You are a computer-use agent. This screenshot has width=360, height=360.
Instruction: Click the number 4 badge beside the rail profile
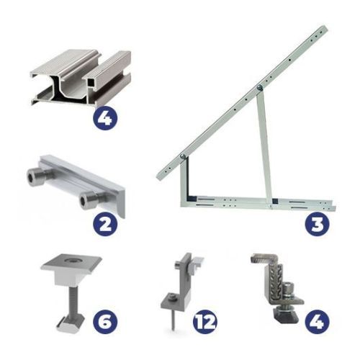(x=105, y=118)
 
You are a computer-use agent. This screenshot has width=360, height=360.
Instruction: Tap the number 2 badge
(x=105, y=224)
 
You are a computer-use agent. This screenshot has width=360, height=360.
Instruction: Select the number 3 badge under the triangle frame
(x=317, y=224)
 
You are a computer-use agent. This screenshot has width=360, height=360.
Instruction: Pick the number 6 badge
(x=105, y=322)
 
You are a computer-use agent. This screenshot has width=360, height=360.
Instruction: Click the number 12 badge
(x=205, y=322)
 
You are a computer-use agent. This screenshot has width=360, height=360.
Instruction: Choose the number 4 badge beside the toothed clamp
(x=317, y=322)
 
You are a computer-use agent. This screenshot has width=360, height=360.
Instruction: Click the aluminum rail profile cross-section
(x=81, y=77)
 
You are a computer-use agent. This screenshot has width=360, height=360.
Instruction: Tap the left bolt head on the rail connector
(x=35, y=177)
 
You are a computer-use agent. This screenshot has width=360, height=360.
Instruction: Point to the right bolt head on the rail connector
(x=87, y=201)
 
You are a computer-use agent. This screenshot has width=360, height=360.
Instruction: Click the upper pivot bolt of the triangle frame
(x=260, y=87)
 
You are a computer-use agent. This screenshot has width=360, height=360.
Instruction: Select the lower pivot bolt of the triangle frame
(x=182, y=156)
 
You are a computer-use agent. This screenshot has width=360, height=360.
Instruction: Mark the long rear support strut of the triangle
(x=264, y=146)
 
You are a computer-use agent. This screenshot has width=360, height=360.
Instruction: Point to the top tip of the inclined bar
(x=326, y=27)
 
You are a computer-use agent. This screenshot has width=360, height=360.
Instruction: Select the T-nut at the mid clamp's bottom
(x=70, y=323)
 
